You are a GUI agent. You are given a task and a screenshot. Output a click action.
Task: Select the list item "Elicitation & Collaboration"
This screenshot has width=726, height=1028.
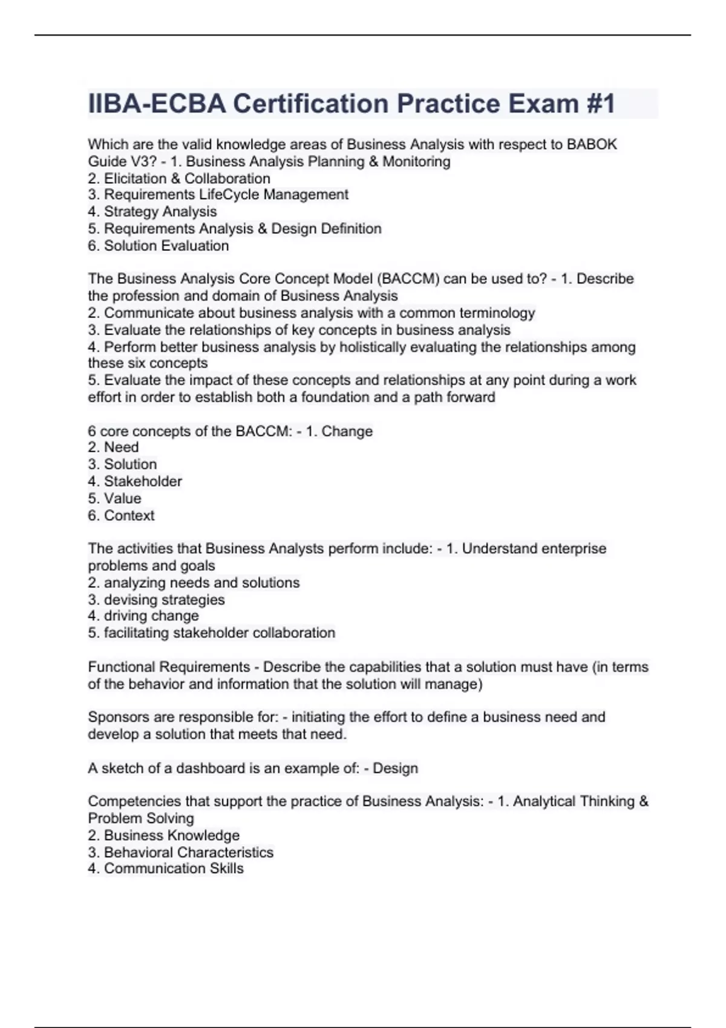[x=187, y=178]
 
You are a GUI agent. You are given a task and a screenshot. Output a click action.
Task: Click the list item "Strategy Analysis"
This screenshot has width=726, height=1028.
[x=160, y=212]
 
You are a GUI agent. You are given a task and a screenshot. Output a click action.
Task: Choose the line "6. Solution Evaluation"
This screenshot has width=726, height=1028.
[x=158, y=246]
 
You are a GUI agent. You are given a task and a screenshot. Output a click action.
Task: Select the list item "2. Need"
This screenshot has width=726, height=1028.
[x=113, y=447]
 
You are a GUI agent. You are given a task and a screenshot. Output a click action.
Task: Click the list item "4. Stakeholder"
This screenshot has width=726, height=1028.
[x=134, y=481]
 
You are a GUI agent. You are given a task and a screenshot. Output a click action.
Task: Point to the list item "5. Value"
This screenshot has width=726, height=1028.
[x=114, y=498]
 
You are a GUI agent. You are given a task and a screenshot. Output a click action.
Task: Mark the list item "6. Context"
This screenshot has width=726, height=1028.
[x=121, y=515]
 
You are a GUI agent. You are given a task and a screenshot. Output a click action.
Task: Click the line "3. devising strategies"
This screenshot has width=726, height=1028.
[x=156, y=599]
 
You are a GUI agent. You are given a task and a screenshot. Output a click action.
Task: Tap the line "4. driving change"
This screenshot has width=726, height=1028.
[x=143, y=616]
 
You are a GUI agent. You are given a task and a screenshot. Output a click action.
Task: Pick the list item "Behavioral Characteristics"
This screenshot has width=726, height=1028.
[x=188, y=852]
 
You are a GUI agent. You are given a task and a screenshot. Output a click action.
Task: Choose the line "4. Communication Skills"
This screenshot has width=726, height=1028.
[x=165, y=868]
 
